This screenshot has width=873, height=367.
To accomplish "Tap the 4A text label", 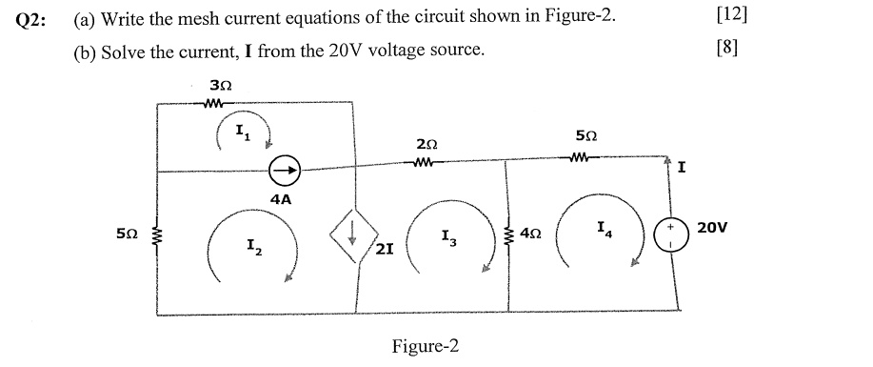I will [281, 200].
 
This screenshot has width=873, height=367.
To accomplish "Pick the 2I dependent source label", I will [385, 250].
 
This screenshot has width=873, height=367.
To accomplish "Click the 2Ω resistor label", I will [427, 144].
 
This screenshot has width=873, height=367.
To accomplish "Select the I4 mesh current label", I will [605, 229].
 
